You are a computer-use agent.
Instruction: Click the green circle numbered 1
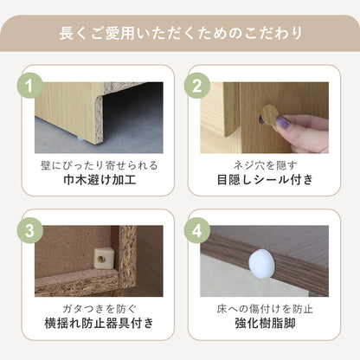(29, 86)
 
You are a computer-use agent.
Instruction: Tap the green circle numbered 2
(197, 86)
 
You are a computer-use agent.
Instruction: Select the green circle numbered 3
(29, 230)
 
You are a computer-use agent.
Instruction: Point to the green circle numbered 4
(197, 230)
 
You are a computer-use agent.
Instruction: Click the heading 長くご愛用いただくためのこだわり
(180, 34)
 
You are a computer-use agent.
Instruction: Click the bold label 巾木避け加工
(100, 180)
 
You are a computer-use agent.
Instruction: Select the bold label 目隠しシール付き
(265, 180)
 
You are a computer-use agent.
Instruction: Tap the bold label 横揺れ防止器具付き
(100, 323)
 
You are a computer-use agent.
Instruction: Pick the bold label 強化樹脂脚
(265, 323)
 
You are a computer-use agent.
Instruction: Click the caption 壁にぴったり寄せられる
(100, 165)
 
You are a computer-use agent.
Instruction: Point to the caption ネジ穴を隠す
(265, 165)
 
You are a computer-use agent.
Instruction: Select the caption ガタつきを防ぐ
(100, 309)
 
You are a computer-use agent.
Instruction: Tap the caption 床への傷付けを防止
(265, 309)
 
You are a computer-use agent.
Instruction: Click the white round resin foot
(262, 264)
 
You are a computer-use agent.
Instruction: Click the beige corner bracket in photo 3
(104, 259)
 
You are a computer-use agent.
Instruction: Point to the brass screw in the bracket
(101, 259)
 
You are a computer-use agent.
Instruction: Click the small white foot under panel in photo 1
(80, 139)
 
